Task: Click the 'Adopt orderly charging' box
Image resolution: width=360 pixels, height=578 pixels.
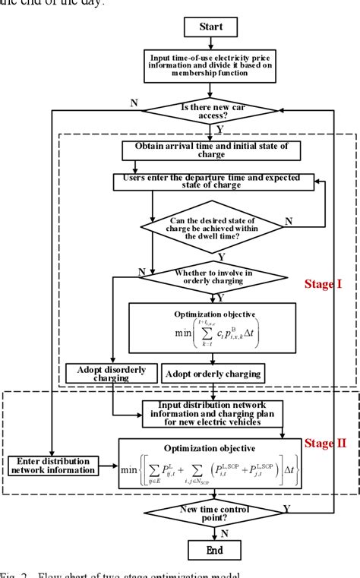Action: (213, 373)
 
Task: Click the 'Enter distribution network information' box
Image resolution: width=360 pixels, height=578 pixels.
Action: (52, 466)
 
